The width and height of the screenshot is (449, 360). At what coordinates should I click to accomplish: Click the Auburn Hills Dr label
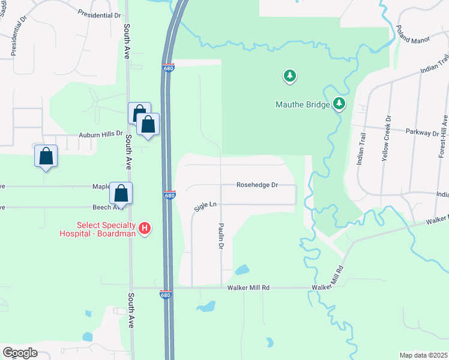pos(101,136)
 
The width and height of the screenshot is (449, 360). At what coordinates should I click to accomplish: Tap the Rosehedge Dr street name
pos(257,185)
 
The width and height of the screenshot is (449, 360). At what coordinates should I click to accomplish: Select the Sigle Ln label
pos(205,206)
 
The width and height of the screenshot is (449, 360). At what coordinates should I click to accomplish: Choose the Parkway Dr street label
pos(422,132)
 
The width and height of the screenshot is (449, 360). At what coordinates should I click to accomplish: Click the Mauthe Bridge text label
pos(303,104)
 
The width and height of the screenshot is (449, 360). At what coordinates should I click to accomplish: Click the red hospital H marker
pos(144,228)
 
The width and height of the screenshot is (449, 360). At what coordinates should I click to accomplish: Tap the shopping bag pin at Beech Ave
pos(121,193)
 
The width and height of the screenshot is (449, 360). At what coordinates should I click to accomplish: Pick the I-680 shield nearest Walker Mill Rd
pos(166,294)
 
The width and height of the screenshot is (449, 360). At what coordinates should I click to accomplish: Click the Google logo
pos(20,353)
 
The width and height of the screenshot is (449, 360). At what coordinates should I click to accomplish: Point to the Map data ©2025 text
pos(423,355)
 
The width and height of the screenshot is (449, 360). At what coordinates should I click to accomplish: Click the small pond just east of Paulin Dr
pos(242,270)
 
